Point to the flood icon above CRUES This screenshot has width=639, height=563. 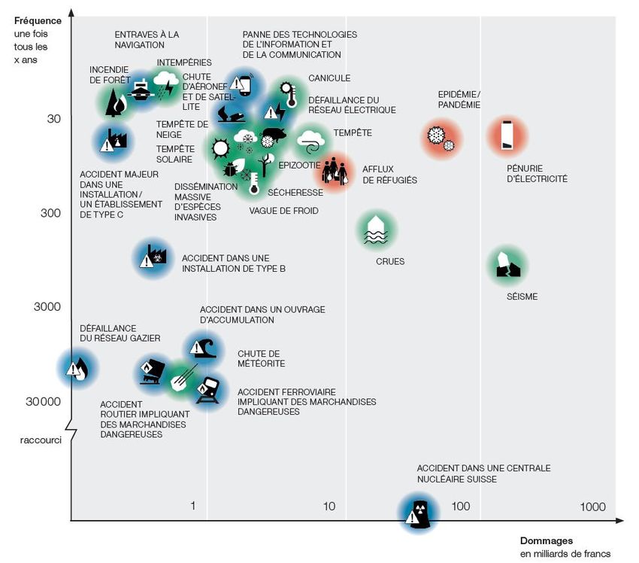(377, 229)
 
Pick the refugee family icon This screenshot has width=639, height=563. (335, 173)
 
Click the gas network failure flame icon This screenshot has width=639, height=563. (77, 368)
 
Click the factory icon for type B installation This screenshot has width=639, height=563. (153, 257)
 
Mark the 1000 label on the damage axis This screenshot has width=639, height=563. (592, 507)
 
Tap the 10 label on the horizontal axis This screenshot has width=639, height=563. (329, 507)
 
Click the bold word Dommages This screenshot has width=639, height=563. (547, 540)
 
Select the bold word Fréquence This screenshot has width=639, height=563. (38, 20)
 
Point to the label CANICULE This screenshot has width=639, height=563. (329, 78)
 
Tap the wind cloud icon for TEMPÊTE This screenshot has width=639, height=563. (310, 140)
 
